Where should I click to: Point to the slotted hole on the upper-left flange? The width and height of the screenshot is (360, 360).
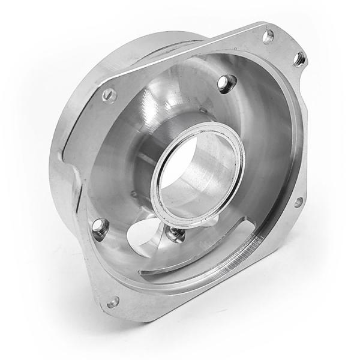109,93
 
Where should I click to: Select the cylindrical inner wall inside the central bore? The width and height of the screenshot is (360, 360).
207,180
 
